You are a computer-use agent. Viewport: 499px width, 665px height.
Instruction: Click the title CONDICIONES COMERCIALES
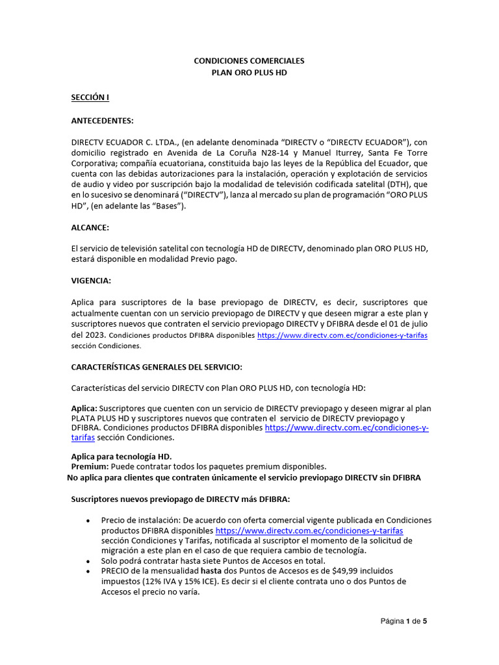tap(249, 60)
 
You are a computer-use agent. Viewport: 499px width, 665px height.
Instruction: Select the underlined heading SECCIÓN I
tap(90, 97)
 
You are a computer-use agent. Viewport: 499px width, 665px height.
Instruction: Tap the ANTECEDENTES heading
tap(102, 121)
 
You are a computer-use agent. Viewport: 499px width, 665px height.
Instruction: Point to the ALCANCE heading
tap(90, 228)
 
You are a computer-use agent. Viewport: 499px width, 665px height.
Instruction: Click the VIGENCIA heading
tap(91, 281)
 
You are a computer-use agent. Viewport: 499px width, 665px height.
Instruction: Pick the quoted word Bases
tap(160, 206)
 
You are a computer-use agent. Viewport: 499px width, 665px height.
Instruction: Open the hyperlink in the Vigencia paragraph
tap(342, 336)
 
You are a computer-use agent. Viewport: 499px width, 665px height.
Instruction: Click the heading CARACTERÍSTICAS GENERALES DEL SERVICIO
tap(156, 367)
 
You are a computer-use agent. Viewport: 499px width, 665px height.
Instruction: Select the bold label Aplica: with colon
tap(84, 408)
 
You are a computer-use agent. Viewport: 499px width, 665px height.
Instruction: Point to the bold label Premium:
tap(90, 466)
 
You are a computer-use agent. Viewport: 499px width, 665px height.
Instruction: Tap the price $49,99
tap(341, 571)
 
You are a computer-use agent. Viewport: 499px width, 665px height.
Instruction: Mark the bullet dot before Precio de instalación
tap(88, 521)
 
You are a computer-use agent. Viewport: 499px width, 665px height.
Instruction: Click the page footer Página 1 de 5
tap(403, 621)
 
